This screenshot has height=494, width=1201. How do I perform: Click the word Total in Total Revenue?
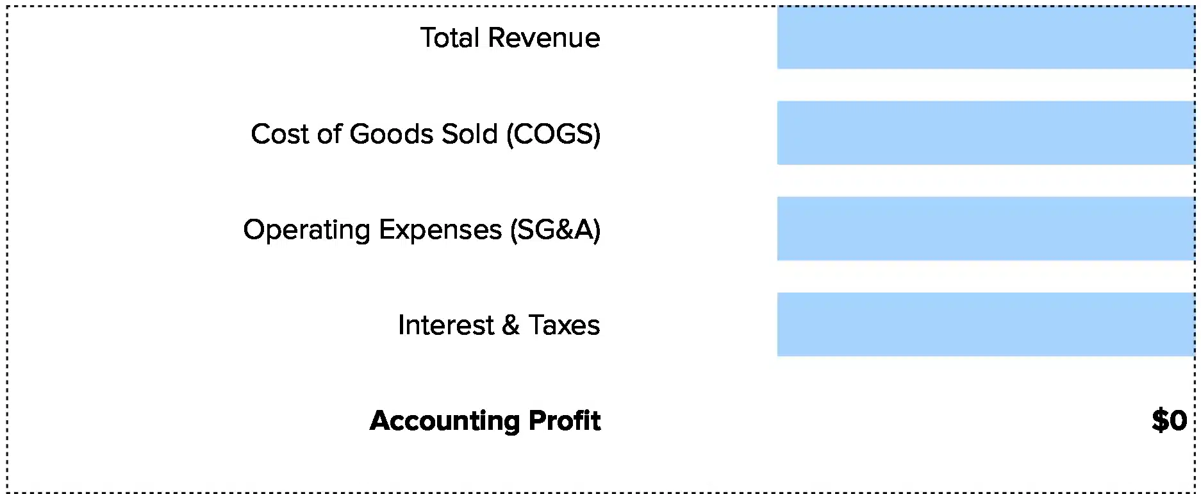[450, 38]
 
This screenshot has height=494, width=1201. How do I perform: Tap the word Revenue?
[544, 38]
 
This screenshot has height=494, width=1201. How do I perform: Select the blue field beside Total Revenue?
[985, 37]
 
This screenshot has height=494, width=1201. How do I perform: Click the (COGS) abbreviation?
[553, 135]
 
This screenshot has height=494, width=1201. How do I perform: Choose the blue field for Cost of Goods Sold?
[985, 133]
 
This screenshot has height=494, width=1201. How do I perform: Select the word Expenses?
[440, 230]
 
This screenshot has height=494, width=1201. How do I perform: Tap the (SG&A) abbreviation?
[556, 230]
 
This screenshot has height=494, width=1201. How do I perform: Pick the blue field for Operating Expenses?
[985, 228]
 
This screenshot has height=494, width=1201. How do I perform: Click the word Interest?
[446, 325]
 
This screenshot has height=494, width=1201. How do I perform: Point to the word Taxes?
[564, 325]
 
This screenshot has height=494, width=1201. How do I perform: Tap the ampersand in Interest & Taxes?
[511, 325]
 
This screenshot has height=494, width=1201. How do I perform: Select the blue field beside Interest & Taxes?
[985, 324]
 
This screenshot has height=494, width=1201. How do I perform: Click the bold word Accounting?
[445, 422]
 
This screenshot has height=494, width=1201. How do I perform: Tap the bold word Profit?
[565, 421]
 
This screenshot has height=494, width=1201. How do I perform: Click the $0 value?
[1169, 421]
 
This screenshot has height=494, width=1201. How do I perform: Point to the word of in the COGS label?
[329, 134]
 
